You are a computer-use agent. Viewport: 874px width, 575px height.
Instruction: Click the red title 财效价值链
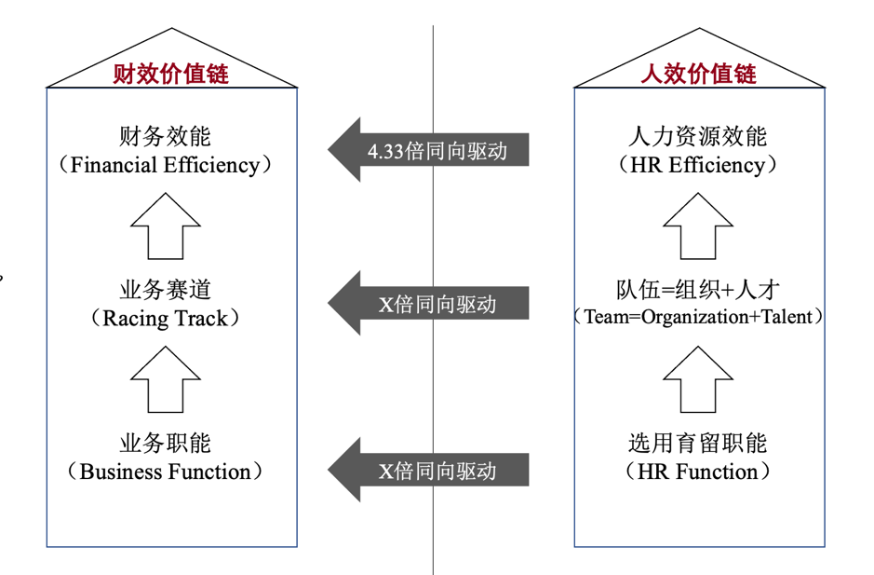tap(170, 74)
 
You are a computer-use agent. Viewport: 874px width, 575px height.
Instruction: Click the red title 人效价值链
tap(698, 74)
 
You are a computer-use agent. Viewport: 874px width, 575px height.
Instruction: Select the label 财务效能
tap(166, 136)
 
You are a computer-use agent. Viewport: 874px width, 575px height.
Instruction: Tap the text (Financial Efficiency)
tap(166, 166)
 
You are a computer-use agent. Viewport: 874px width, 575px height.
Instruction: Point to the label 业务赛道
tap(166, 289)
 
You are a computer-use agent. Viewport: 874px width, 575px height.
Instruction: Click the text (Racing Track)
tap(166, 319)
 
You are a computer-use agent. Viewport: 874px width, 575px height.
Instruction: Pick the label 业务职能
tap(166, 442)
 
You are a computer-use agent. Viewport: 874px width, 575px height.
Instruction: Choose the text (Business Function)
tap(166, 472)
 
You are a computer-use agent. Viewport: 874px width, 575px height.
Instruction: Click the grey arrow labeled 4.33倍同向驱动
tap(428, 150)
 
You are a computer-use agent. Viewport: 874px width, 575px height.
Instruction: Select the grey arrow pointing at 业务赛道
tap(428, 303)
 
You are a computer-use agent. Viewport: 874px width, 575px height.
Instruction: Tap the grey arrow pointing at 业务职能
tap(428, 470)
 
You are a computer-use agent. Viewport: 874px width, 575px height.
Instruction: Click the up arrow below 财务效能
tap(166, 226)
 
